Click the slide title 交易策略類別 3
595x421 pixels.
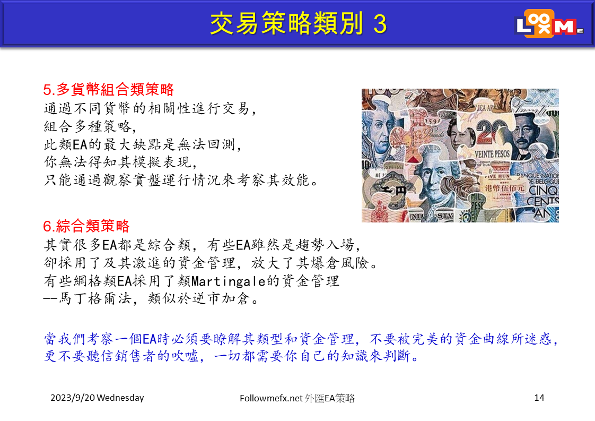[298, 23]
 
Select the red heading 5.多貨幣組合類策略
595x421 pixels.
[108, 90]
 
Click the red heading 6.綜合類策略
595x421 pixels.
[86, 226]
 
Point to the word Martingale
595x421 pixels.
[229, 281]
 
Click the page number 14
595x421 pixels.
[539, 398]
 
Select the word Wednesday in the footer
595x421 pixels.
[120, 398]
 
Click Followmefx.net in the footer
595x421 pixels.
[271, 398]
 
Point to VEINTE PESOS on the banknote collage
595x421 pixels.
[492, 154]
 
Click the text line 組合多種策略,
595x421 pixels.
[90, 126]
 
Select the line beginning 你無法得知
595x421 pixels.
[121, 162]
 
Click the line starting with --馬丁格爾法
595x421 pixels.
[151, 299]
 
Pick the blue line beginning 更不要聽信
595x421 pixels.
[231, 356]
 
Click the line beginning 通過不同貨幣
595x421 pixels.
[150, 109]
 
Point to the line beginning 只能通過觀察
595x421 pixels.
[181, 180]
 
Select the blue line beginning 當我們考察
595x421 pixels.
[301, 339]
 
